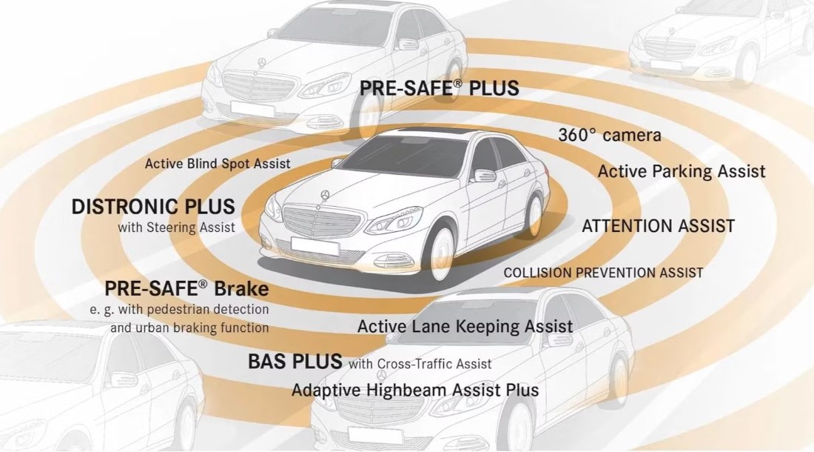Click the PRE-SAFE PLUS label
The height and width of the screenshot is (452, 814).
(439, 87)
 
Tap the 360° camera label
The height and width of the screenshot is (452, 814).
(610, 135)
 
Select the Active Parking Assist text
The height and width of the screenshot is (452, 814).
(682, 171)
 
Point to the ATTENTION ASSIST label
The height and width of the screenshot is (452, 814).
(659, 226)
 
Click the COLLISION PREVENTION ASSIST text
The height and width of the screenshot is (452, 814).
(603, 273)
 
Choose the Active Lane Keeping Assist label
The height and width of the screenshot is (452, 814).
(465, 326)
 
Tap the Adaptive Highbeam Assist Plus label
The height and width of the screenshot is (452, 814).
(415, 390)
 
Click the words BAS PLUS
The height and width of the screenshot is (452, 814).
(295, 361)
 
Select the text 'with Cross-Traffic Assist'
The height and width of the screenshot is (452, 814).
(420, 364)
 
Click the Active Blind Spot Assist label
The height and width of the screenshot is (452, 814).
(218, 164)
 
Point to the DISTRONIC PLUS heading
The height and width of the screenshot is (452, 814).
(153, 207)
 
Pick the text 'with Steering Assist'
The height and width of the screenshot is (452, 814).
(177, 227)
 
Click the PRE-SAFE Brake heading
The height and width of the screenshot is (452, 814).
(187, 288)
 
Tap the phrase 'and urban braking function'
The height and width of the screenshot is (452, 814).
(189, 328)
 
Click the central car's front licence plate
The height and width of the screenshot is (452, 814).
(315, 246)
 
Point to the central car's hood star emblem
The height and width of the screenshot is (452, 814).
(325, 195)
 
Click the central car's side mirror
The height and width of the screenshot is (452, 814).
(483, 175)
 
